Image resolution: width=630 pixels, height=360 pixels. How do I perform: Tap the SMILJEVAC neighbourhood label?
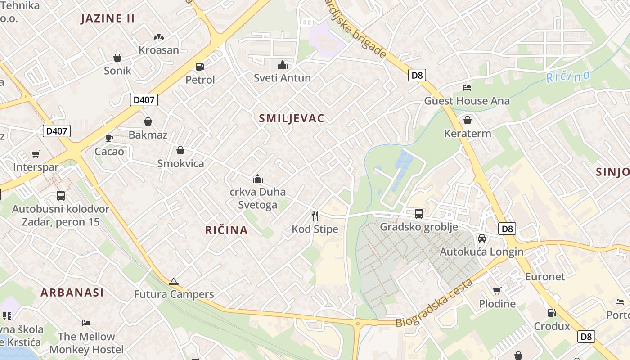point(292,118)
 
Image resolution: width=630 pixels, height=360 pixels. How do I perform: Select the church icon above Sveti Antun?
point(283,65)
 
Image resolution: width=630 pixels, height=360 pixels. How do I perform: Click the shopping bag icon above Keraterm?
point(468,120)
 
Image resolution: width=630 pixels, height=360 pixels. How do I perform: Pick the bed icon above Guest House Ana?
point(467,87)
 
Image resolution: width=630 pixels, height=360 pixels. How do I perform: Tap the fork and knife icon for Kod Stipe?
point(315,216)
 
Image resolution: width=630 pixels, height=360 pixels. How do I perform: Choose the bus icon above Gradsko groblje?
point(418,213)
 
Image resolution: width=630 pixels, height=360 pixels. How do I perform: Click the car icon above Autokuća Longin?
point(481,238)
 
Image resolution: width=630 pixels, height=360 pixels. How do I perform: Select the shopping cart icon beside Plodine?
point(497,291)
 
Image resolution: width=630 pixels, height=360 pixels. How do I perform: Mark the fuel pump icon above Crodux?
point(552,312)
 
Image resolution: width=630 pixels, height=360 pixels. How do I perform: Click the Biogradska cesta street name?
point(435,303)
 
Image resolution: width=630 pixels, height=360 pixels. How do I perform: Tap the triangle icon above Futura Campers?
point(173,282)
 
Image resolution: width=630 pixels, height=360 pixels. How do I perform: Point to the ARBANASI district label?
point(72,292)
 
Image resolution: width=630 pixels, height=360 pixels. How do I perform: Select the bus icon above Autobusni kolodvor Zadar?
point(61,196)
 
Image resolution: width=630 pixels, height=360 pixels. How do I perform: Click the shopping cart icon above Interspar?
point(36,154)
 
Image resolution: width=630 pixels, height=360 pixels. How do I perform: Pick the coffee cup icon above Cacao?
point(109,138)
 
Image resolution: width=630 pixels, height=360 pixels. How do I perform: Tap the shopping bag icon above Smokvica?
point(180,150)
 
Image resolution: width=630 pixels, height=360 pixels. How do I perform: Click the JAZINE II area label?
point(108,18)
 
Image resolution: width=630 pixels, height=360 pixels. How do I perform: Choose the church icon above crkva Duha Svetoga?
point(258,179)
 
